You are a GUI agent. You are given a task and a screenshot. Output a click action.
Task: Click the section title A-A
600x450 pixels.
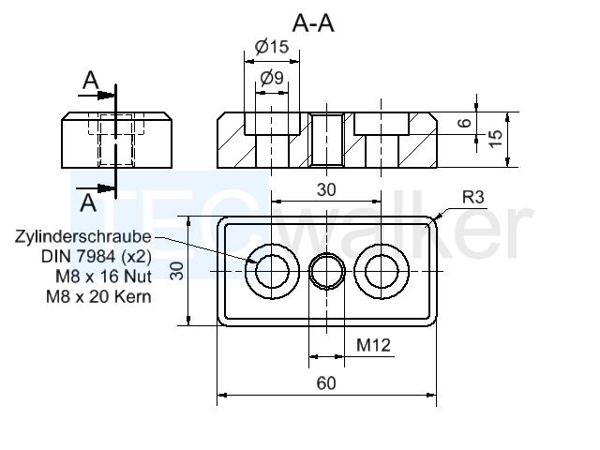[x=313, y=23]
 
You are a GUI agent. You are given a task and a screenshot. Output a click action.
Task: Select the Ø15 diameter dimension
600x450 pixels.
[x=272, y=47]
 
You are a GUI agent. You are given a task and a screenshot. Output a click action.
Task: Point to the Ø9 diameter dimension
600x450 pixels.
[x=272, y=78]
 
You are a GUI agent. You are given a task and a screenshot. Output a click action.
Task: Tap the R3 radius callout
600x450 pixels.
[x=472, y=197]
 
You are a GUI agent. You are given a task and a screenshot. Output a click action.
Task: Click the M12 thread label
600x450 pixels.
[x=373, y=345]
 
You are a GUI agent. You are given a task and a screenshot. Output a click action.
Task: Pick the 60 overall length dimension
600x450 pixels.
[x=326, y=383]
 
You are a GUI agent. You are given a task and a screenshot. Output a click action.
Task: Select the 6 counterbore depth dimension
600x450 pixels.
[x=465, y=123]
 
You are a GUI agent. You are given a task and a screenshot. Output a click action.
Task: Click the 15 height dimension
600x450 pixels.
[x=495, y=139]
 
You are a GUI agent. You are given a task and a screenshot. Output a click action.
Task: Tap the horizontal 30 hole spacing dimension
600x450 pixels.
[x=326, y=189]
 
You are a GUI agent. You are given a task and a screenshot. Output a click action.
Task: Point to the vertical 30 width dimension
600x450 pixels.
[x=177, y=271]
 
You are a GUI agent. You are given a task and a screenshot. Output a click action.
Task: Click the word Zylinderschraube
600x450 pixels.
[x=83, y=236]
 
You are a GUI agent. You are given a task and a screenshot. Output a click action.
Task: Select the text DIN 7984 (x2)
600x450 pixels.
[x=96, y=256]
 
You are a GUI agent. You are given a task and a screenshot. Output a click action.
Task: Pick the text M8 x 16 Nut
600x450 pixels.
[x=103, y=277]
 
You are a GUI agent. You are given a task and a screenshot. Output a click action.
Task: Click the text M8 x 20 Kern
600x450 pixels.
[x=98, y=296]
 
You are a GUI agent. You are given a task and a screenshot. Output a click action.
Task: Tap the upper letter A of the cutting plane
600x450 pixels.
[x=91, y=81]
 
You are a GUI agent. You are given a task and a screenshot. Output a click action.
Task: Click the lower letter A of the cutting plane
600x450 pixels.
[x=88, y=202]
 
